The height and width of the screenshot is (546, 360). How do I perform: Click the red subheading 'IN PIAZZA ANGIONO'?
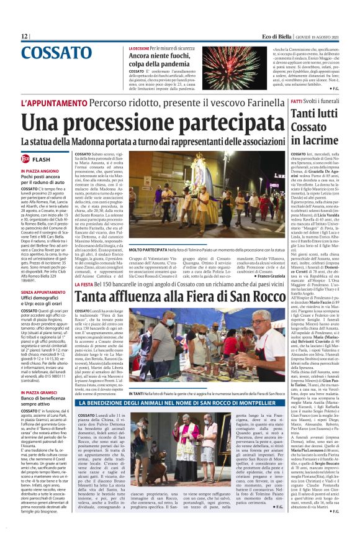click(40, 170)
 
